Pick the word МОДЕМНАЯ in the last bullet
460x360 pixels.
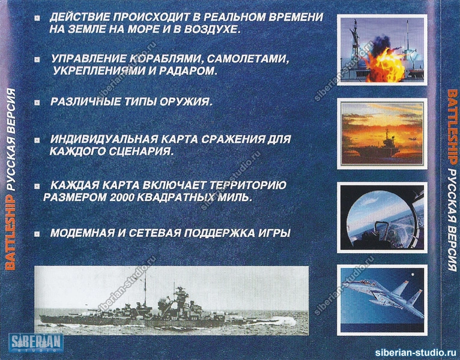click(82, 233)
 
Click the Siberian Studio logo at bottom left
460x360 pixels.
click(36, 343)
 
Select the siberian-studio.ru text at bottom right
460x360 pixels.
click(417, 352)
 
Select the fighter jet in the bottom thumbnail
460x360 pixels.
click(384, 296)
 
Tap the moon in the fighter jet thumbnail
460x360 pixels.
click(413, 275)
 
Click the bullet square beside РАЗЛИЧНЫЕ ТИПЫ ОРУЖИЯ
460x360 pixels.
click(37, 103)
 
